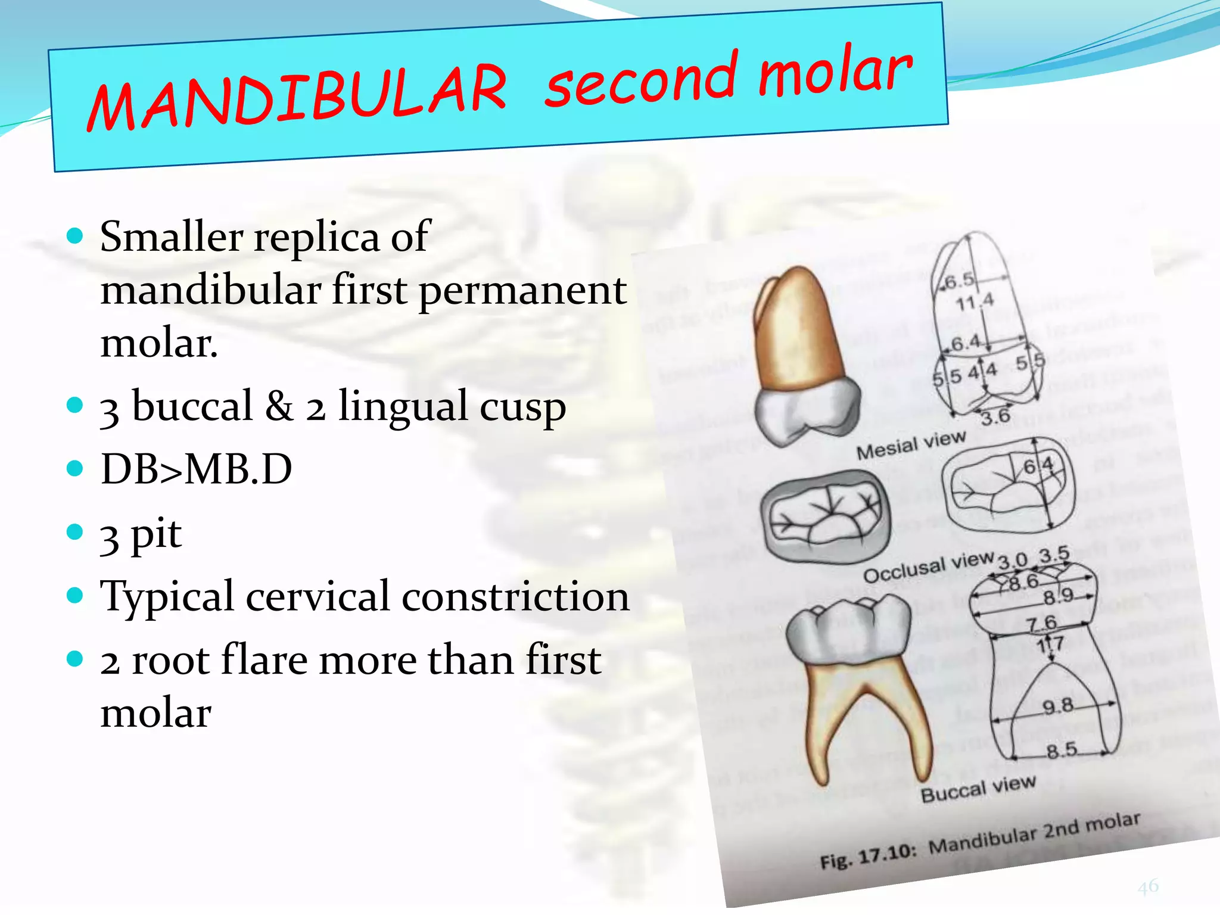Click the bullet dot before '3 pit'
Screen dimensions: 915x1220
point(74,531)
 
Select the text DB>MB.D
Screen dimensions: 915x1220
point(197,469)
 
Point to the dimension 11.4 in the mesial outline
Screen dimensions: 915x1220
point(975,301)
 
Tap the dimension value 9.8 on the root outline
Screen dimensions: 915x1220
point(1058,707)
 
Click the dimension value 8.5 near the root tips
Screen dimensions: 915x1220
point(1062,750)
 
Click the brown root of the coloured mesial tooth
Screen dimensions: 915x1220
point(795,334)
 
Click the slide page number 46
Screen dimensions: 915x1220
point(1148,886)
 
